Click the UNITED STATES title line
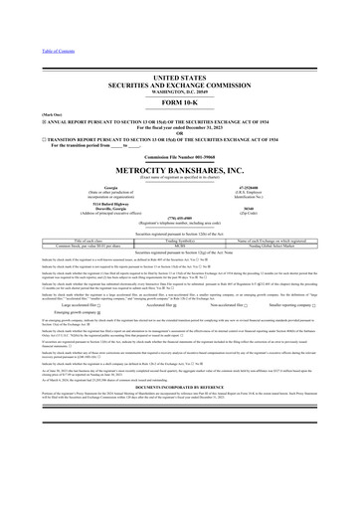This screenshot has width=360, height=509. coord(179,62)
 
